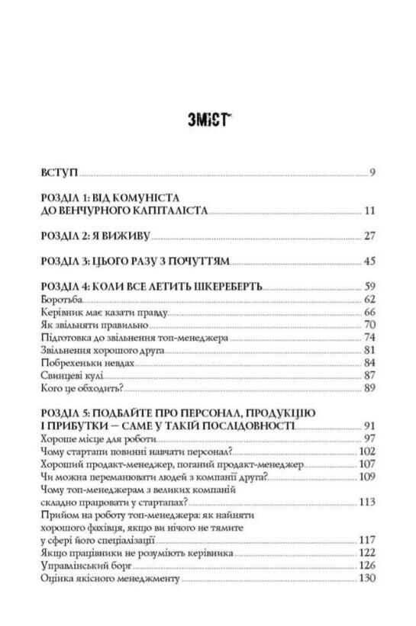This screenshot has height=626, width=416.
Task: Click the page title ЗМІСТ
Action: (x=208, y=120)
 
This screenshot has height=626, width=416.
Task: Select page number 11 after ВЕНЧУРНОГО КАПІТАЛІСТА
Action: (x=369, y=211)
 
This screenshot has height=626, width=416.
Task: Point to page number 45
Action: (x=369, y=262)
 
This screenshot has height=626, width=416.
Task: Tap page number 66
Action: (x=369, y=313)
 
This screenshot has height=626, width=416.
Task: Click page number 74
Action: (x=369, y=339)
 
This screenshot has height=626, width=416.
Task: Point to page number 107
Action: (x=367, y=464)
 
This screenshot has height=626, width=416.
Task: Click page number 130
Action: (x=367, y=579)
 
